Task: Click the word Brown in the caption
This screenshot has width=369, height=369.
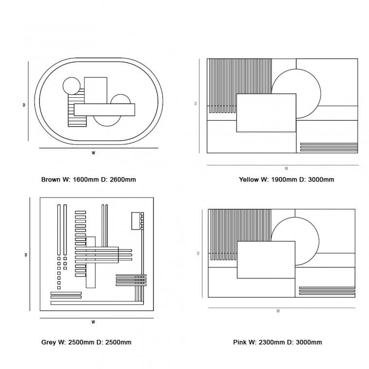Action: tap(51, 180)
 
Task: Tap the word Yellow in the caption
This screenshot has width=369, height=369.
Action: tap(249, 180)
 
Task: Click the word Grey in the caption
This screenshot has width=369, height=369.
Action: tap(49, 342)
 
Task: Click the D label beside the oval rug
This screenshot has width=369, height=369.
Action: tap(24, 105)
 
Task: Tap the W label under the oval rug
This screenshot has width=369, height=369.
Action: tap(93, 153)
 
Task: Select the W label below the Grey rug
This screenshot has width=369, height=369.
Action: tap(93, 322)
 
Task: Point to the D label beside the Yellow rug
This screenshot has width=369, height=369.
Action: tap(196, 104)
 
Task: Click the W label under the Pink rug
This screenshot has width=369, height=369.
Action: tap(278, 311)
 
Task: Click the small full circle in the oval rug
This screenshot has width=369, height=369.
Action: tap(72, 86)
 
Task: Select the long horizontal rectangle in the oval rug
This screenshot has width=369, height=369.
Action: tap(105, 110)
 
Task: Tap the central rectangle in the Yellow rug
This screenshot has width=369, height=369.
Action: tap(266, 113)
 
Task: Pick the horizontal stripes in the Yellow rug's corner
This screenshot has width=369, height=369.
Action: tap(329, 147)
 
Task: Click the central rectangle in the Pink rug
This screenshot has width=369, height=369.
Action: tap(266, 260)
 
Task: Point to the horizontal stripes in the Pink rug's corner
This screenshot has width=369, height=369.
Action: tap(327, 291)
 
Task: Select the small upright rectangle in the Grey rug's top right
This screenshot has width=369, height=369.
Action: tap(135, 221)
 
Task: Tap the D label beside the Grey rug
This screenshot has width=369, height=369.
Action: tap(26, 255)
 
